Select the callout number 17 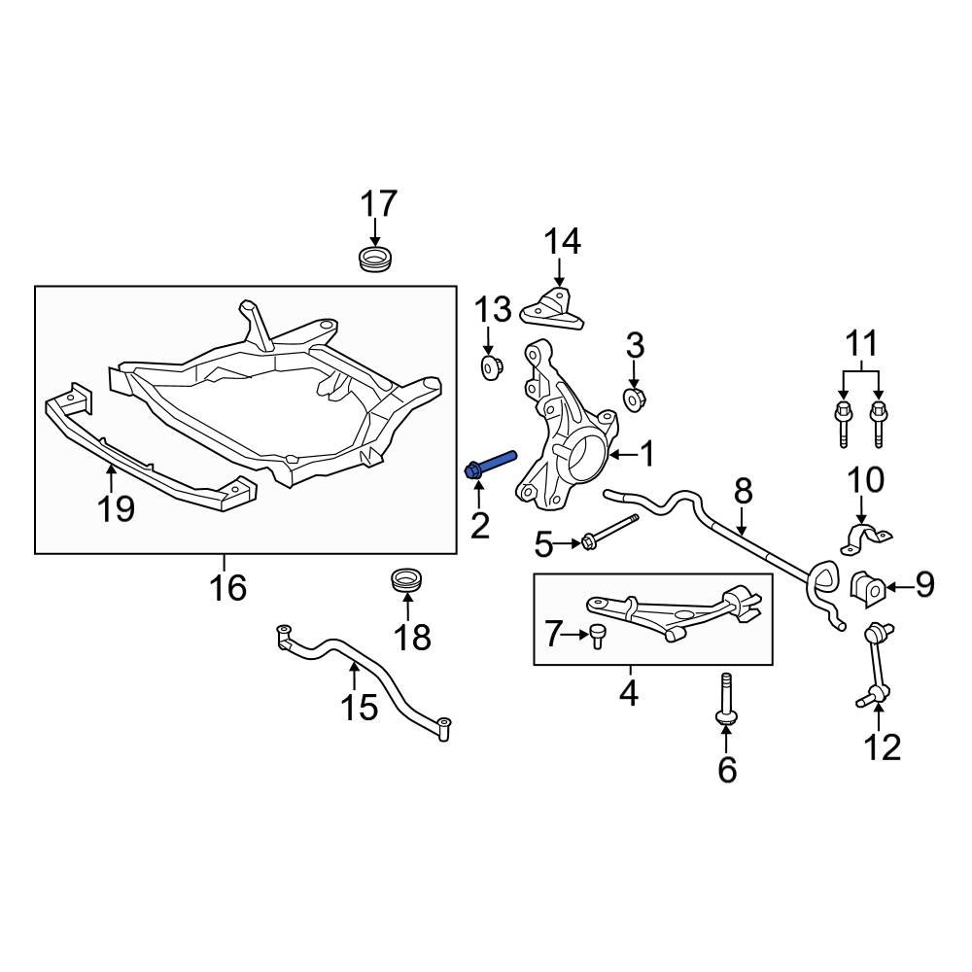379,205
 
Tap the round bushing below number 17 374,260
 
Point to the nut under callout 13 492,367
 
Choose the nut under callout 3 635,399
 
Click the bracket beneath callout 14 553,305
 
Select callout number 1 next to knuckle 645,453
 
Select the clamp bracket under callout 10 863,538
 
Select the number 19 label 116,507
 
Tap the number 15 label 359,707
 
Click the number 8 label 743,491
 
